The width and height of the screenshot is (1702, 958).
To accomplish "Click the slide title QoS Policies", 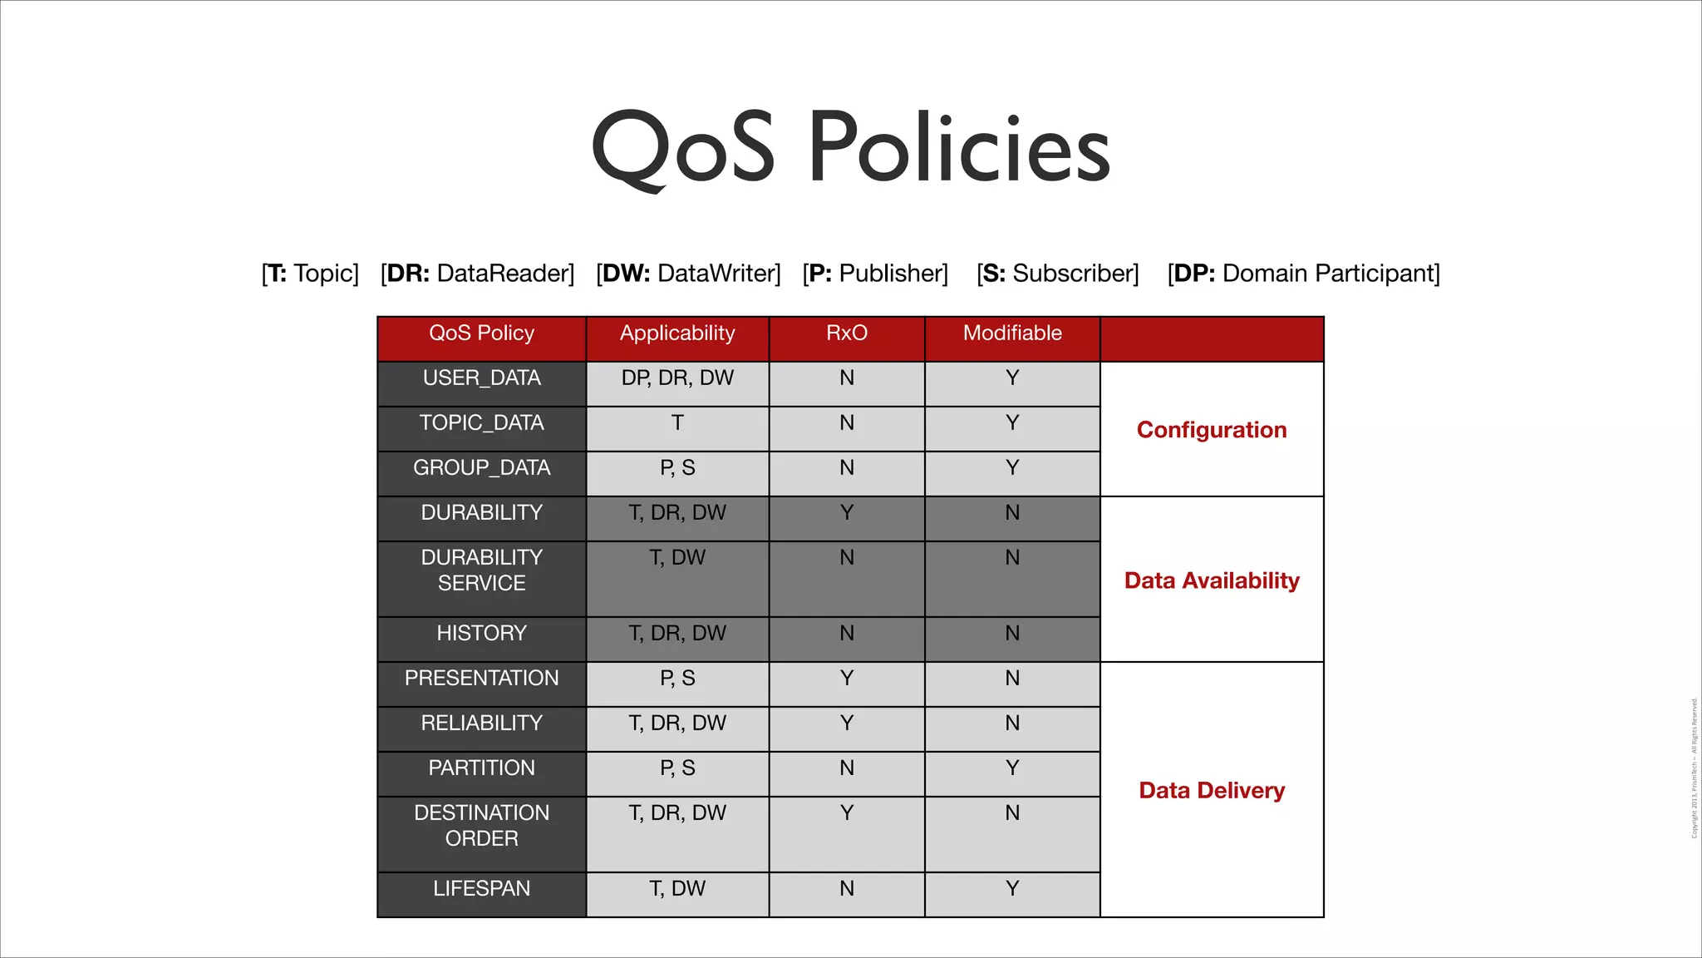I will (x=850, y=148).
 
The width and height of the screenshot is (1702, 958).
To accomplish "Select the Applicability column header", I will (x=677, y=333).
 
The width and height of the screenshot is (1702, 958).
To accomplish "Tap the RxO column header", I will (x=846, y=333).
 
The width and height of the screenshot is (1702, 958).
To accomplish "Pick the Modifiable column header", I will (x=1012, y=333).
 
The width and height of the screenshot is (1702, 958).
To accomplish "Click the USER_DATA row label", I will (x=481, y=378).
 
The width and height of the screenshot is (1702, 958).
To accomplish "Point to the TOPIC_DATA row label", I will (x=481, y=423).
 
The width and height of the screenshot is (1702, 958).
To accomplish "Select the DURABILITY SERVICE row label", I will (x=481, y=570).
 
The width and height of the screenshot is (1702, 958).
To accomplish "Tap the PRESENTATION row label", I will (x=481, y=679).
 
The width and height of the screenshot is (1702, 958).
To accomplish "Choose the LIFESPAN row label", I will (x=481, y=889).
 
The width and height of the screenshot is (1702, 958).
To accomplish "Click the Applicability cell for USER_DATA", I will (x=677, y=378).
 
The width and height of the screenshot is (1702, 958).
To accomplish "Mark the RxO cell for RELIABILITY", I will (x=846, y=723).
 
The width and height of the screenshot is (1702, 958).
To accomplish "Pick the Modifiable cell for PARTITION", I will (x=1012, y=768).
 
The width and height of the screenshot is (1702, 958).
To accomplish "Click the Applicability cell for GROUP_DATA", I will (x=677, y=468).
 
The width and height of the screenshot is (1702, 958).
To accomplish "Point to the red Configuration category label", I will (x=1212, y=430).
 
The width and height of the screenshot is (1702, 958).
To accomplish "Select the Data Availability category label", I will (x=1212, y=580).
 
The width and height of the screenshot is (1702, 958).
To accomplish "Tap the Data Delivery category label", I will (x=1212, y=791).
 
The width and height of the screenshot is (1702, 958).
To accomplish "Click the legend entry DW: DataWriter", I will (x=688, y=274).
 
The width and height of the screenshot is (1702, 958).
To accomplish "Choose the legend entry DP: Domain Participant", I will (x=1303, y=274).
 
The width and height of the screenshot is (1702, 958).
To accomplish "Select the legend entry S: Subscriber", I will (x=1057, y=274).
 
